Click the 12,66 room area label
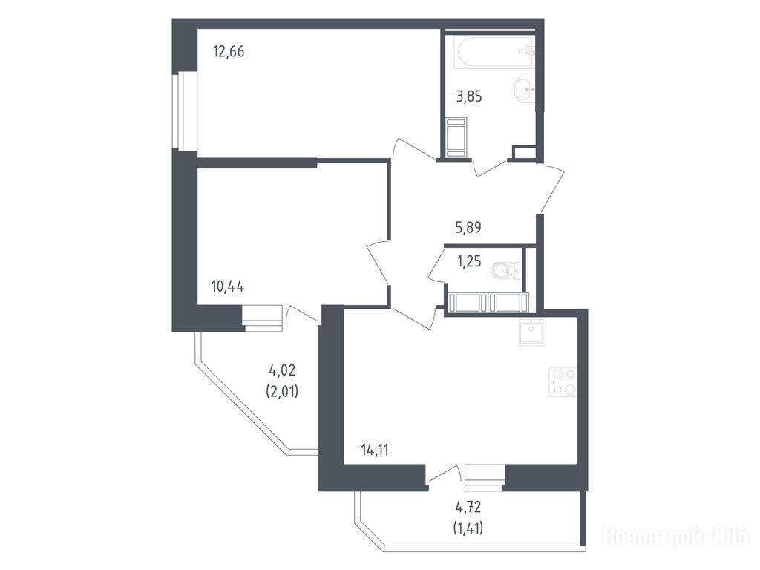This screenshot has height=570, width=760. click(229, 51)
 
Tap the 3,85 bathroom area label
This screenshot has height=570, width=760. click(469, 97)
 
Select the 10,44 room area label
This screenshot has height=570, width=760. click(227, 286)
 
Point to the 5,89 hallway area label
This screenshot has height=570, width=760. click(468, 227)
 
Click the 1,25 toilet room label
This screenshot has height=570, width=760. click(469, 262)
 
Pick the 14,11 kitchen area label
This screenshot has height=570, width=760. click(375, 451)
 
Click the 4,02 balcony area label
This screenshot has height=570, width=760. click(282, 371)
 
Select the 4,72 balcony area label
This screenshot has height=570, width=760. click(468, 508)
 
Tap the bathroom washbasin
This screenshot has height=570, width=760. click(525, 89)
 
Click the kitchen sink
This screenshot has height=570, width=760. click(531, 332)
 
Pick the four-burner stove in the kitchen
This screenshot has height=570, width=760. click(563, 382)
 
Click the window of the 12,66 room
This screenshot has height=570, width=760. click(185, 111)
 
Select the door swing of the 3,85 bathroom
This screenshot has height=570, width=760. click(490, 168)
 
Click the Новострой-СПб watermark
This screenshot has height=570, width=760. click(675, 537)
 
